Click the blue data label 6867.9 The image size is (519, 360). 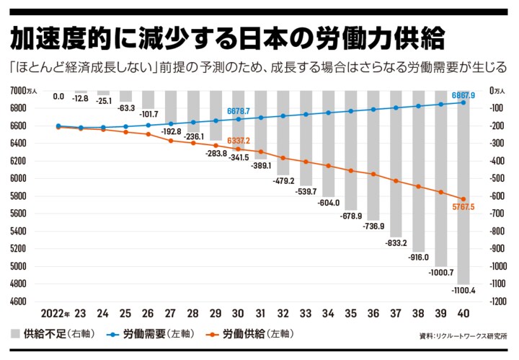coord(462,95)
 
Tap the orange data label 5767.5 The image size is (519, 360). coord(462,207)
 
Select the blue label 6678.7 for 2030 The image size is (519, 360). coord(238,111)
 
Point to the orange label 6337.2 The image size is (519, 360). coord(238,140)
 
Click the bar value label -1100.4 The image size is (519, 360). coord(462,290)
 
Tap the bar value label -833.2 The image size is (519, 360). coord(395,243)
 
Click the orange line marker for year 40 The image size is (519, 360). coord(462,199)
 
